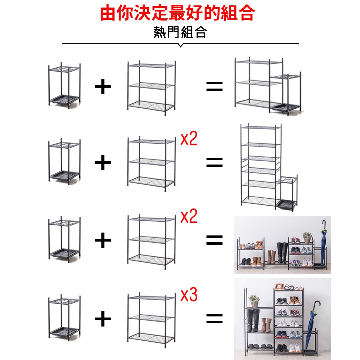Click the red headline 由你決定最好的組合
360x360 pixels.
pos(177,13)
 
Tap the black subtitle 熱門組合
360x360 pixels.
pos(180,32)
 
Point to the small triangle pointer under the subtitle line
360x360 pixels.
pos(180,45)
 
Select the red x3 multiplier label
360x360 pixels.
pos(189,295)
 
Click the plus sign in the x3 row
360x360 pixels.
pos(103,319)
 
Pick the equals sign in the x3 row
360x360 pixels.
pos(215,319)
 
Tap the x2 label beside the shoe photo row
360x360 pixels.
pos(189,216)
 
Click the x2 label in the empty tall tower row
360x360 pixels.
pos(189,139)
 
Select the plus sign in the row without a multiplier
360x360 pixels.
pos(103,86)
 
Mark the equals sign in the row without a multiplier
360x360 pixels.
pos(215,86)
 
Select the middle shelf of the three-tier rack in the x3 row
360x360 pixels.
pos(151,318)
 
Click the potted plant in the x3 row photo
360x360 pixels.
pos(254,301)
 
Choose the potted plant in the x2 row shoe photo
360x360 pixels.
pos(307,238)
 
